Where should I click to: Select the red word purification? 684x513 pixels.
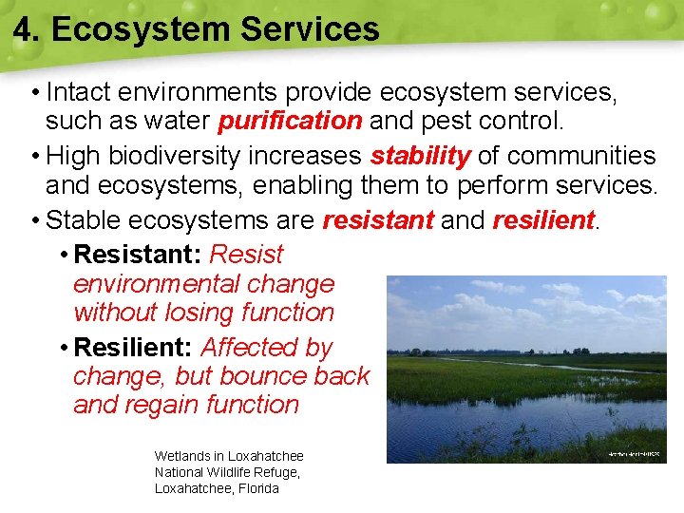pyautogui.click(x=290, y=122)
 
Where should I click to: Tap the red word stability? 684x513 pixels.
pyautogui.click(x=421, y=156)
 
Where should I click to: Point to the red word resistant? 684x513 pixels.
pyautogui.click(x=378, y=221)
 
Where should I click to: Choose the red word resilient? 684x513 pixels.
pyautogui.click(x=543, y=221)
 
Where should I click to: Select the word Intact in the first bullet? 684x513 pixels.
pyautogui.click(x=81, y=92)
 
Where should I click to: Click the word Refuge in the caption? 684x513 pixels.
pyautogui.click(x=275, y=472)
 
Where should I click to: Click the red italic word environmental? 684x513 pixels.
pyautogui.click(x=203, y=284)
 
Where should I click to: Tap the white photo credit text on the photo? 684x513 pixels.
pyautogui.click(x=634, y=455)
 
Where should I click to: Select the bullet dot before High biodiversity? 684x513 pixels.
pyautogui.click(x=35, y=157)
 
